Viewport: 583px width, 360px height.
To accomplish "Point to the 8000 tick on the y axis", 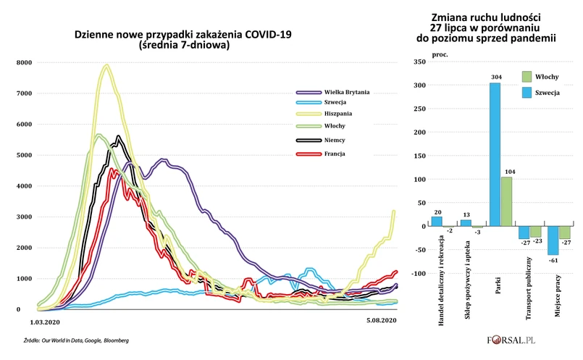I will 22,63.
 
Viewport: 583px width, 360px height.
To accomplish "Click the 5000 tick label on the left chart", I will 22,156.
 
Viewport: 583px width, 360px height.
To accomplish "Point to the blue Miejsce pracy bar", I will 553,240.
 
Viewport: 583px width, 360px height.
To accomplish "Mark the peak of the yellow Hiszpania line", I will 106,67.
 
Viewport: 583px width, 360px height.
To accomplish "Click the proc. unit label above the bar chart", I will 440,54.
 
